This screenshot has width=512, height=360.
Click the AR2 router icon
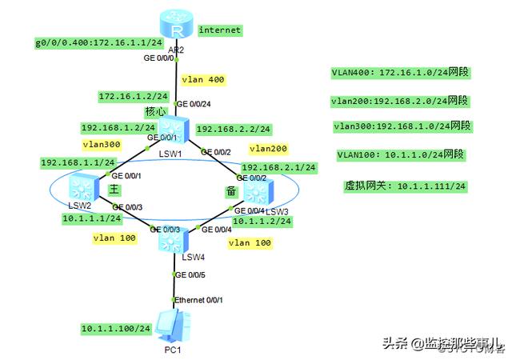(x=173, y=30)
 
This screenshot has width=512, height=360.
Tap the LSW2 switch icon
(x=80, y=189)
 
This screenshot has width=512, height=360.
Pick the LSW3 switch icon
(x=255, y=192)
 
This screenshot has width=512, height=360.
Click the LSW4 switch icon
(x=172, y=238)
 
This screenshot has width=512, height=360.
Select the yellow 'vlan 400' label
(x=203, y=80)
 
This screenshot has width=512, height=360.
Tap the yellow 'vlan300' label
(x=102, y=145)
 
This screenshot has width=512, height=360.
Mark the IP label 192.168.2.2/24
(x=234, y=129)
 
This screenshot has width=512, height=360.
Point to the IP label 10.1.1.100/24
(x=116, y=328)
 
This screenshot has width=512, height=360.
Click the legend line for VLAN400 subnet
(x=400, y=73)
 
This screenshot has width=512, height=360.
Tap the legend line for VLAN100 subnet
(x=402, y=154)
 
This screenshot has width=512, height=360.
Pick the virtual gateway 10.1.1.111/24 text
(x=405, y=186)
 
